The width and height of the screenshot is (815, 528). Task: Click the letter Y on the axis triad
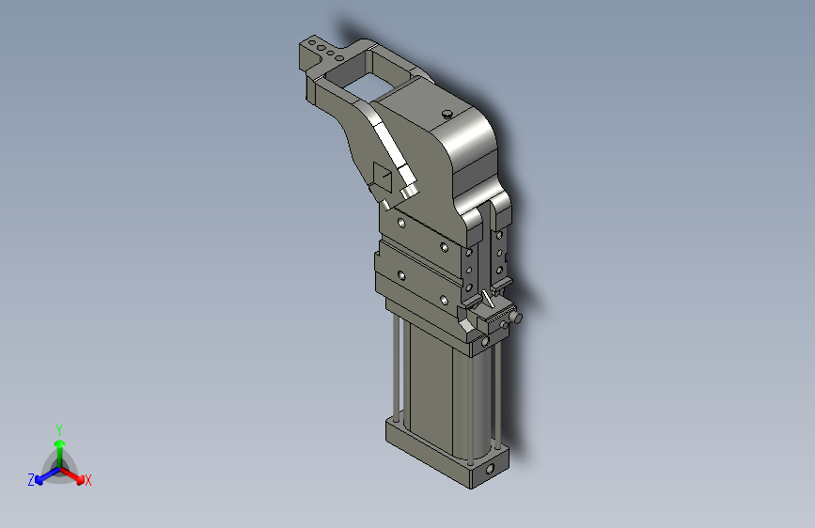coord(59,429)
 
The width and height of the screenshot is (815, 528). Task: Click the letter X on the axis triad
coord(87,480)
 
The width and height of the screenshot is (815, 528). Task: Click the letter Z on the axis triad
coord(31,480)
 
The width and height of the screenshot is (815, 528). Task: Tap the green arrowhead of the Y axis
coord(60,443)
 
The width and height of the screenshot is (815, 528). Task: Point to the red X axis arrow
coord(71,475)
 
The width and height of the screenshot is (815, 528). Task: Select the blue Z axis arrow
coord(47,475)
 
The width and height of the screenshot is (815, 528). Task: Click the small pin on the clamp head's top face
coord(447,114)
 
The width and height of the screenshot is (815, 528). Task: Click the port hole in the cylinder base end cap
coord(490,470)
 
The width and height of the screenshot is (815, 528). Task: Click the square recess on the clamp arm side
coord(383,177)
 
